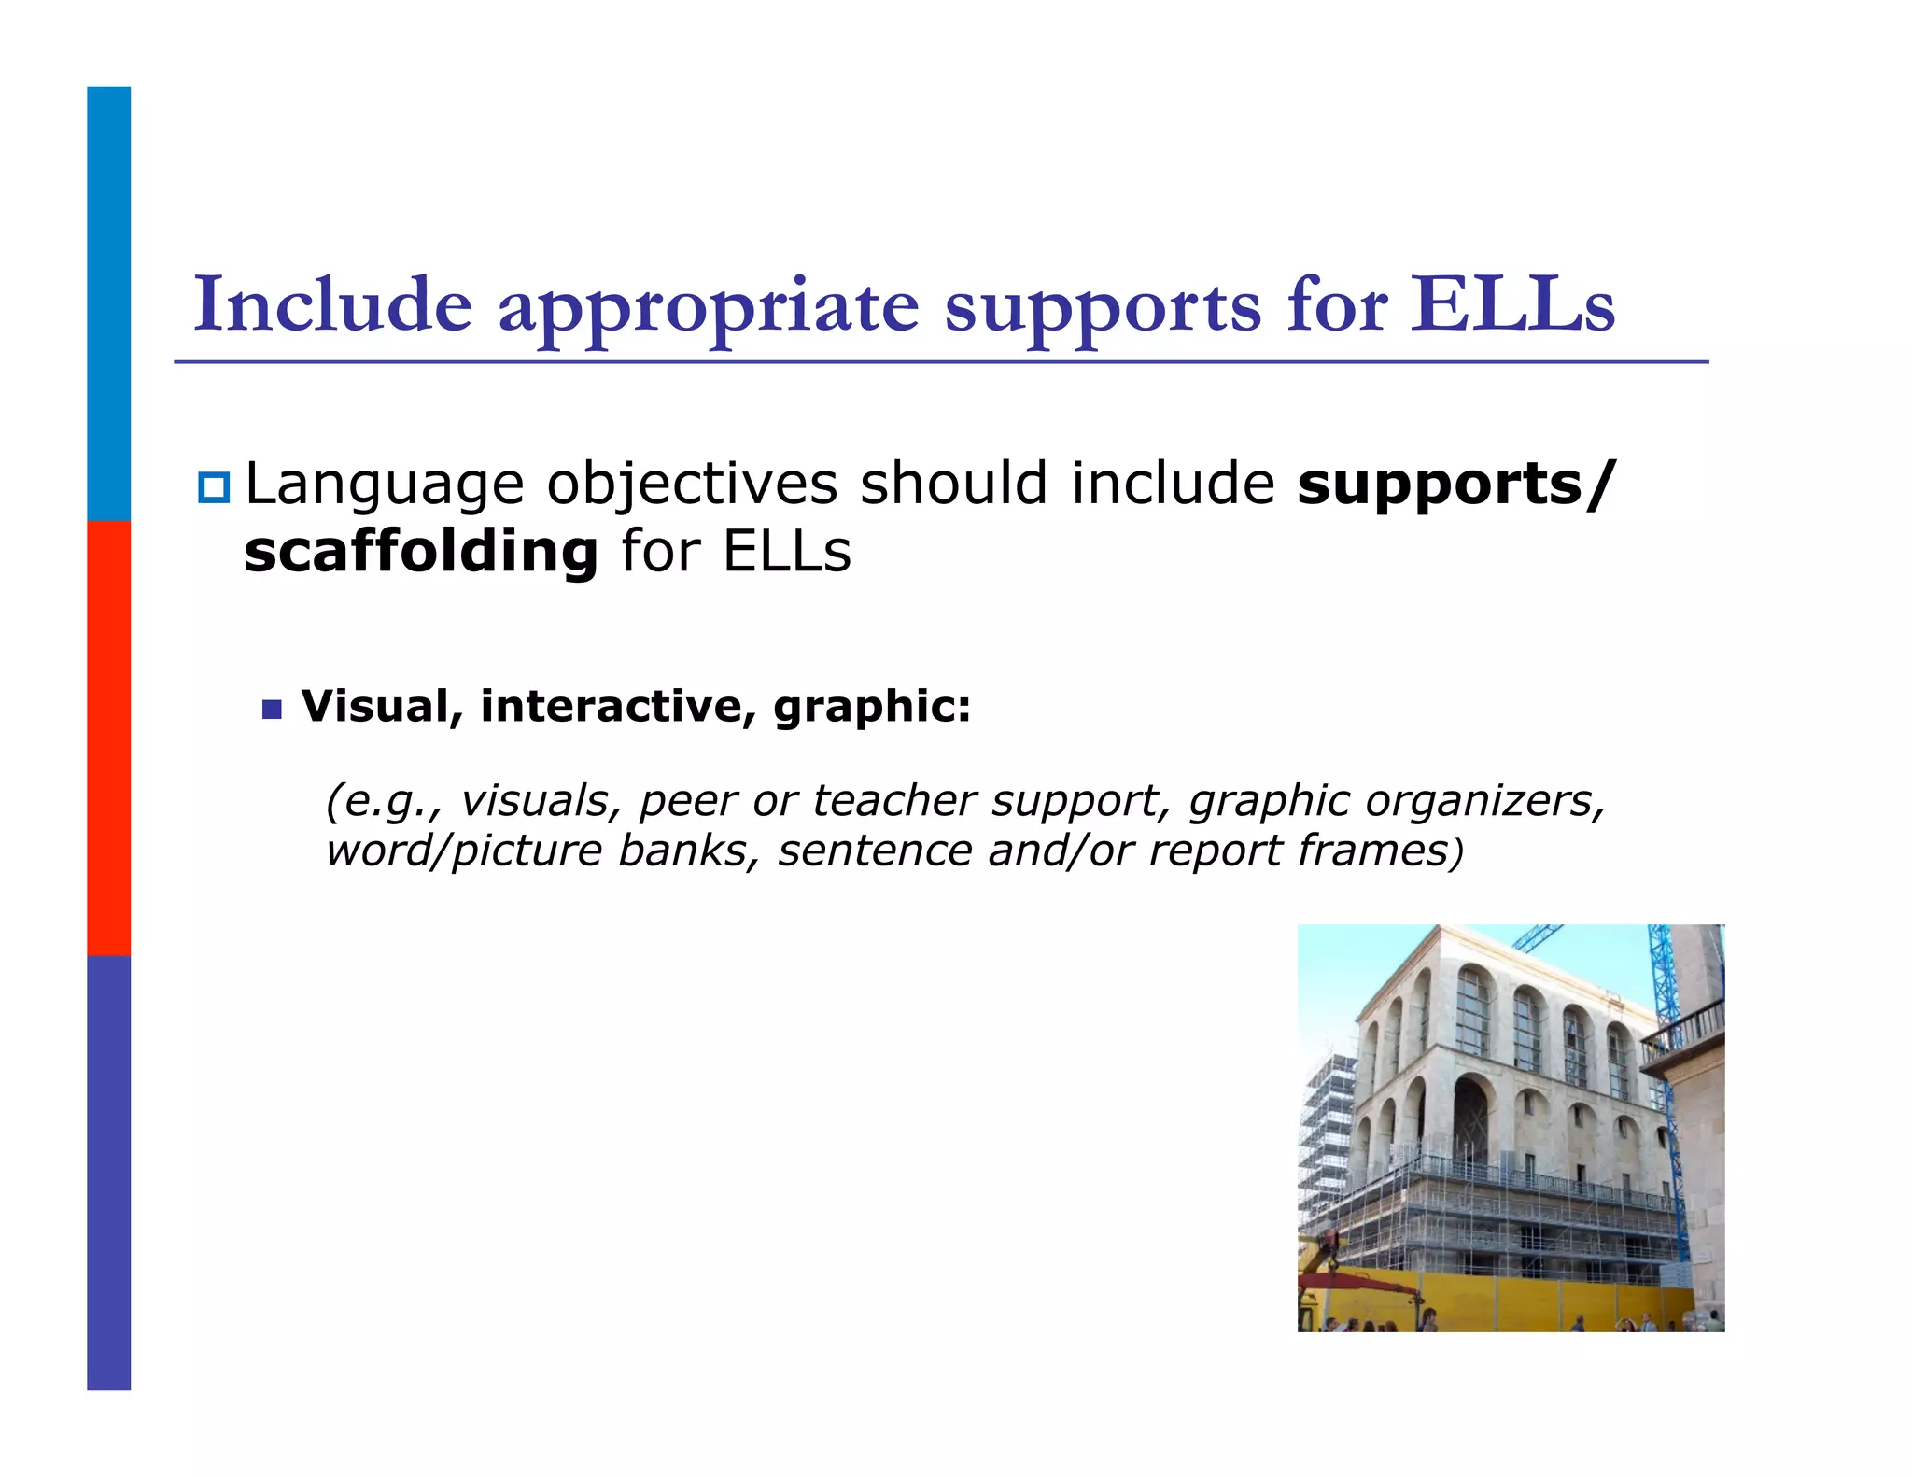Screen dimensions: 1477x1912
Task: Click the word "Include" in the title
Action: tap(332, 304)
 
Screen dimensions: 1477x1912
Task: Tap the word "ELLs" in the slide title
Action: tap(1511, 304)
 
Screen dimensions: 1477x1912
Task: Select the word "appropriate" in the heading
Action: tap(709, 308)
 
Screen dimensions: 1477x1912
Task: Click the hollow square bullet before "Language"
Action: tap(213, 487)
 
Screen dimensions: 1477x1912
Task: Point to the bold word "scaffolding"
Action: tap(420, 551)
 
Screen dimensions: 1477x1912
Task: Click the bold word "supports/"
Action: tap(1455, 485)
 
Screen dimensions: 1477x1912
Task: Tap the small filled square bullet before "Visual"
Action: tap(272, 710)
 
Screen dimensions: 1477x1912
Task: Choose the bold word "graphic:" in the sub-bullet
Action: tap(872, 708)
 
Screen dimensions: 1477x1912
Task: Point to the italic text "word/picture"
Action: tap(464, 851)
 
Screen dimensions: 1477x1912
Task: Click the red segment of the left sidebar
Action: tap(108, 738)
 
